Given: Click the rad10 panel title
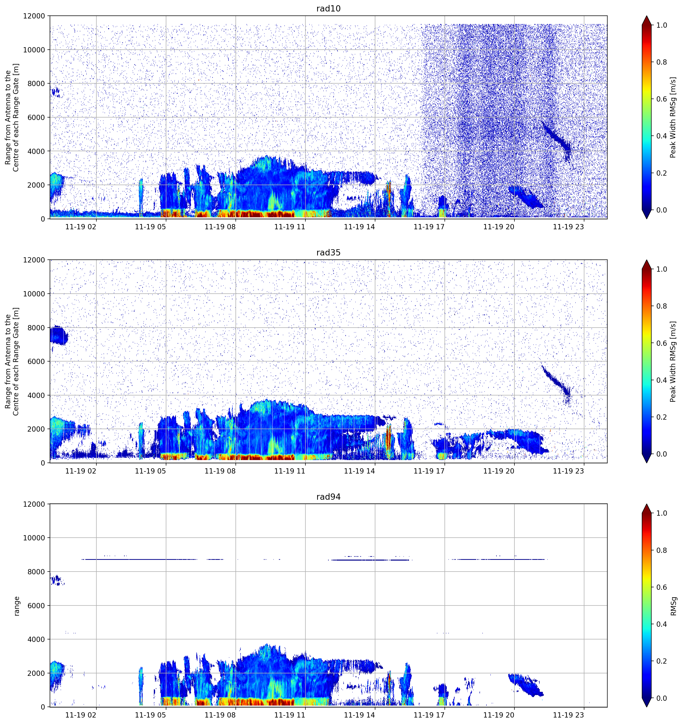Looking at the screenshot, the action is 328,8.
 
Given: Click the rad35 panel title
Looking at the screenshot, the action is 328,252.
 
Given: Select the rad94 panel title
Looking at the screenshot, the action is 328,497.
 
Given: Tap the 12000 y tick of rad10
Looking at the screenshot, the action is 34,16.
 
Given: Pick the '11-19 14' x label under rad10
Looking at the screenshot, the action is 359,227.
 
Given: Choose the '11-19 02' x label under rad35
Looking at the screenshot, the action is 81,471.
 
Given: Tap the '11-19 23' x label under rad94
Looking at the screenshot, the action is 568,715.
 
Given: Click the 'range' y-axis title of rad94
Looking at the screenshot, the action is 16,606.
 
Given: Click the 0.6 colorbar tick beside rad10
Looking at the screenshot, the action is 662,99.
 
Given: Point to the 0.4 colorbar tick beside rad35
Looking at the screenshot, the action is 662,380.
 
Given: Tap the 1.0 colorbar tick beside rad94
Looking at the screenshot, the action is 662,513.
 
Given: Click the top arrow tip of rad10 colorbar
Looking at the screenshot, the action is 647,16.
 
